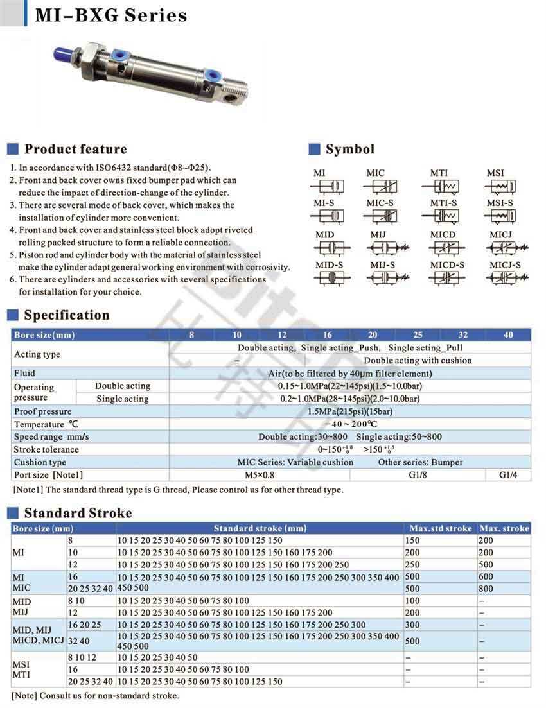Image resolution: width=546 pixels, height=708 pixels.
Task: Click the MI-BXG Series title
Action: pyautogui.click(x=110, y=15)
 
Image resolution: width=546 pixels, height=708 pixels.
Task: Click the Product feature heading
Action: pyautogui.click(x=75, y=150)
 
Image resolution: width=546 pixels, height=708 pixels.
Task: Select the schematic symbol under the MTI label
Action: pyautogui.click(x=440, y=187)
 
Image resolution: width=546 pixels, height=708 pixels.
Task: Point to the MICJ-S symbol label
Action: pyautogui.click(x=505, y=264)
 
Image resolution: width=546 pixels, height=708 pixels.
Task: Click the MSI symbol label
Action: pyautogui.click(x=495, y=173)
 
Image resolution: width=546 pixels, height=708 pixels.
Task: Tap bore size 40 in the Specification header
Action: pyautogui.click(x=508, y=334)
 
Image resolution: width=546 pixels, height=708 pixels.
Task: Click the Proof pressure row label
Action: pyautogui.click(x=42, y=411)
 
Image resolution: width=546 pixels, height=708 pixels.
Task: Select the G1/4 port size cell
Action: pyautogui.click(x=508, y=475)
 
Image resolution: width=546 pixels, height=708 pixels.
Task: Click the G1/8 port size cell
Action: pyautogui.click(x=418, y=475)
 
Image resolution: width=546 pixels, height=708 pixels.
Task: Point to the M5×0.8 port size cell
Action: pyautogui.click(x=260, y=475)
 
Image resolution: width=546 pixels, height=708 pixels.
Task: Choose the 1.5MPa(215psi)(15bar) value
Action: pyautogui.click(x=350, y=411)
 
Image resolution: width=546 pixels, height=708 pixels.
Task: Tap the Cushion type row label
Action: pyautogui.click(x=40, y=462)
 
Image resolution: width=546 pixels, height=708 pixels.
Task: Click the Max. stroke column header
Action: pyautogui.click(x=504, y=528)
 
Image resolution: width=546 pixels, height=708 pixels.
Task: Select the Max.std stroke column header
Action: pyautogui.click(x=440, y=528)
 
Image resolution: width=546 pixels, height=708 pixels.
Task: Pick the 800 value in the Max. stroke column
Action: pyautogui.click(x=486, y=589)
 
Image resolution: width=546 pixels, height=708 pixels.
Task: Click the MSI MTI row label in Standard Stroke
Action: pyautogui.click(x=22, y=668)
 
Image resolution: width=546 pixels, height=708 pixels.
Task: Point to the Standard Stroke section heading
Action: pyautogui.click(x=78, y=514)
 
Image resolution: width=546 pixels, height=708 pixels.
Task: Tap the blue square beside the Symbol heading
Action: pyautogui.click(x=314, y=150)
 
